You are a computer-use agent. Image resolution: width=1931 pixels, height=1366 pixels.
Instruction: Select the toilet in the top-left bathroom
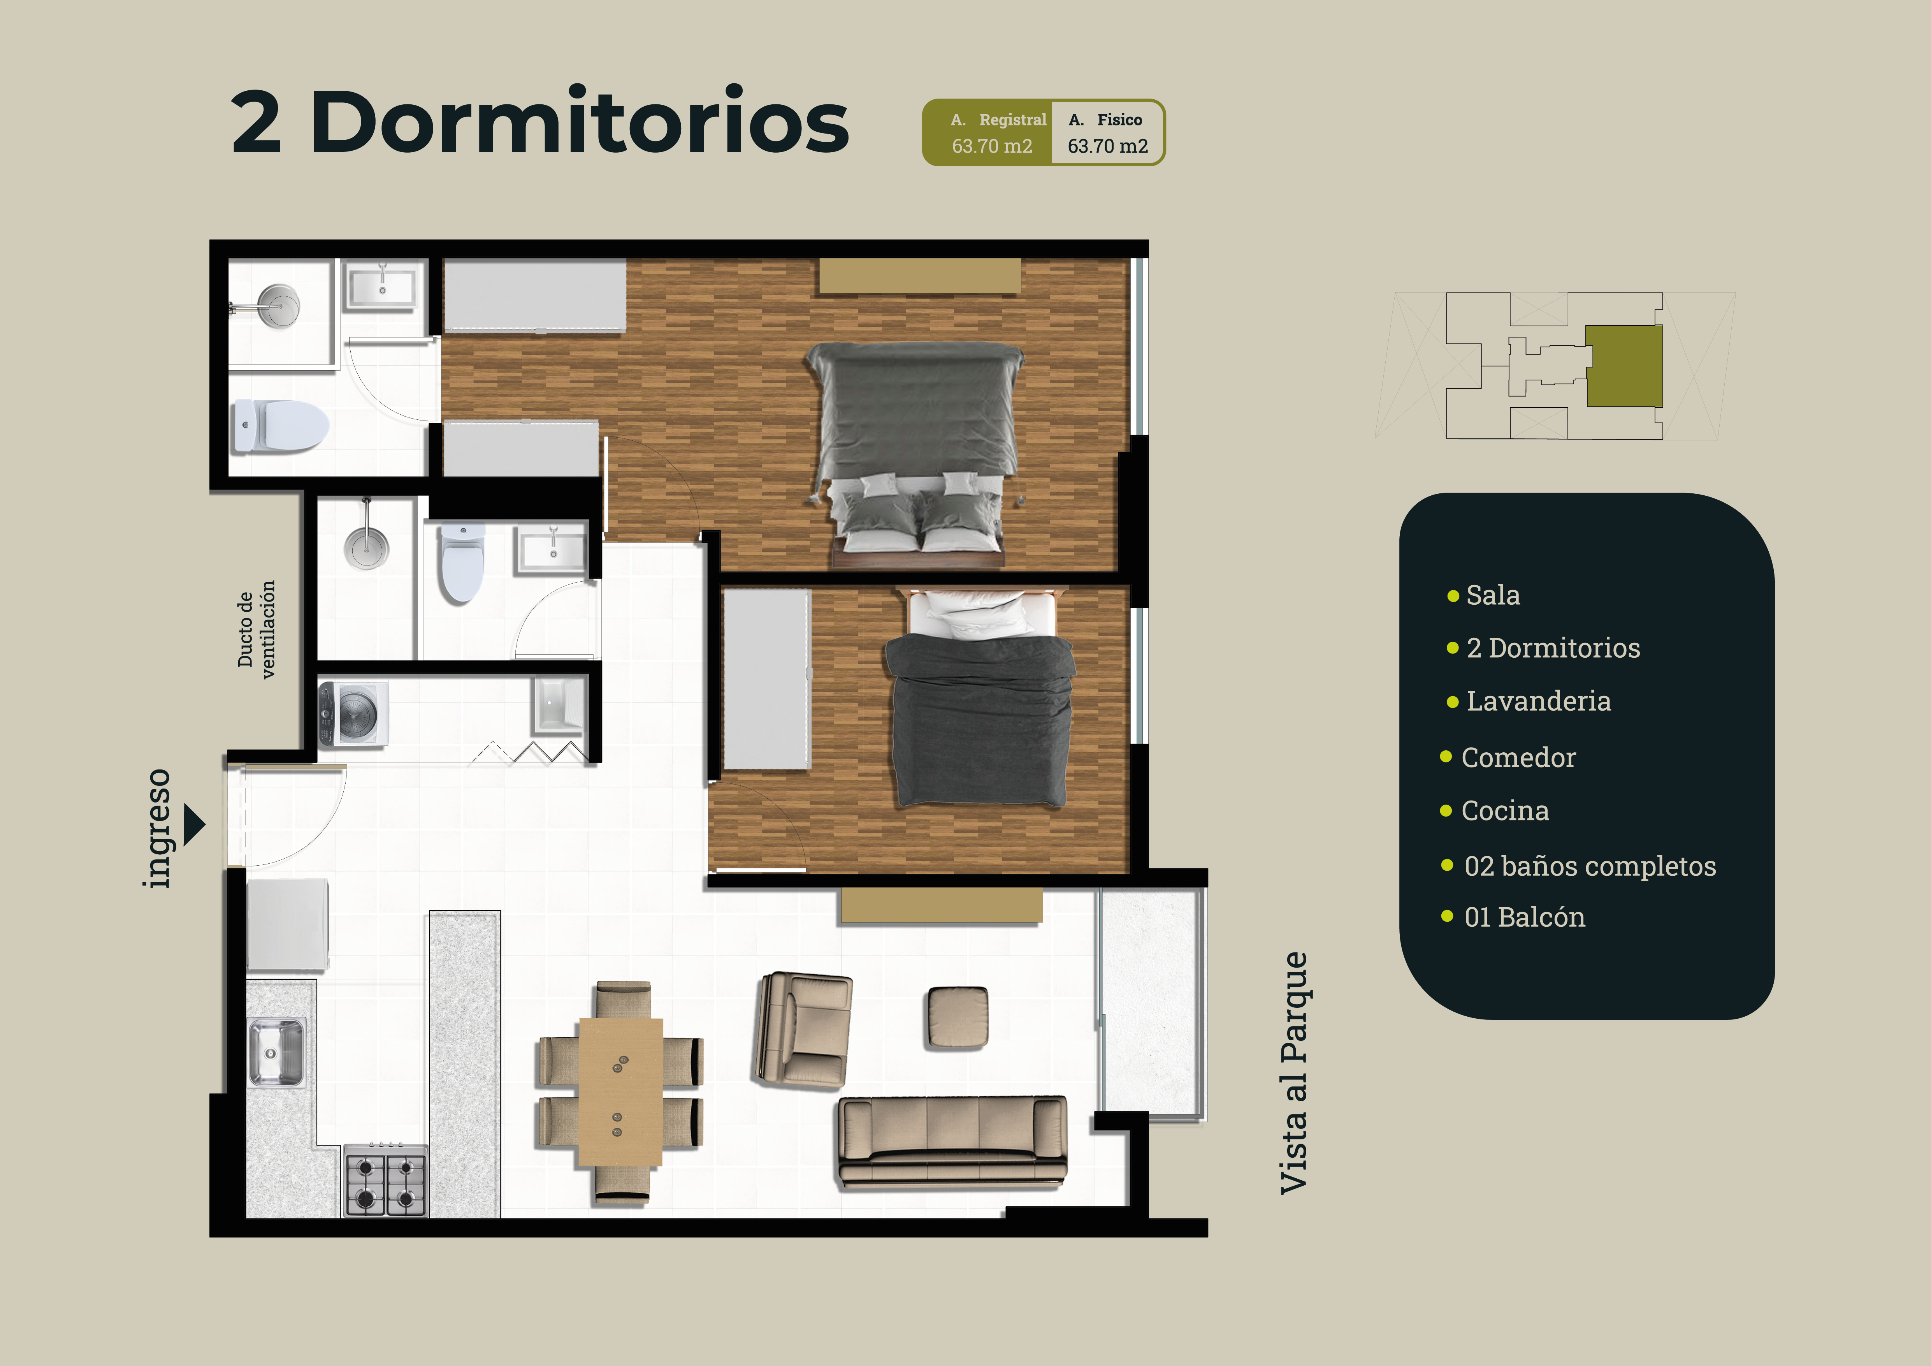[x=280, y=426]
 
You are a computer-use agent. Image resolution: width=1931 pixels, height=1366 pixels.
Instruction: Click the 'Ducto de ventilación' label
[x=257, y=629]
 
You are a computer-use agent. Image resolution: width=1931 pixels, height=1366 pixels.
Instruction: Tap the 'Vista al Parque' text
[x=1293, y=1072]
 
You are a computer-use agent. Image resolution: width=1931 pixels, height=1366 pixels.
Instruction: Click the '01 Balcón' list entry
[x=1524, y=917]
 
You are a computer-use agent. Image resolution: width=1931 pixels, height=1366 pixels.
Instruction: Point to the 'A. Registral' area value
[x=991, y=146]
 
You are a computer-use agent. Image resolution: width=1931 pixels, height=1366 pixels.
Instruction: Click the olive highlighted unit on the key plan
[x=1623, y=366]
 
